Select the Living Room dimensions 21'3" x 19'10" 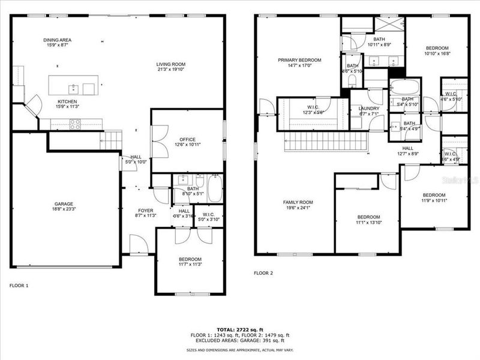coord(171,70)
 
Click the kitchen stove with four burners coord(76,124)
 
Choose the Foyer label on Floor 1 coord(145,211)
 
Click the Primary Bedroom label coord(299,60)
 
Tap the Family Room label coord(298,202)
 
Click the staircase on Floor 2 coord(324,143)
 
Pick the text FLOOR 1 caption coord(19,286)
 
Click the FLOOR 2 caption coord(263,273)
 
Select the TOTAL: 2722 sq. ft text coord(239,330)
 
